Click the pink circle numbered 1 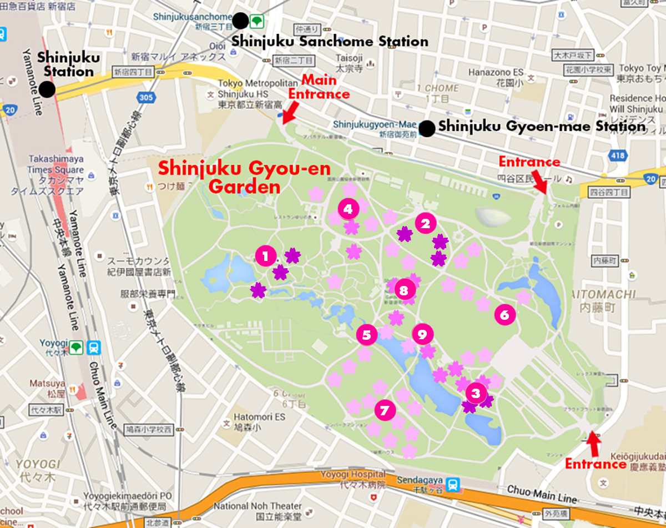(x=265, y=256)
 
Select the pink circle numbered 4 (x=348, y=209)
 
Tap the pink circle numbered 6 (x=504, y=315)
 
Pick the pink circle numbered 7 (x=385, y=410)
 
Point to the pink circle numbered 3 (x=476, y=394)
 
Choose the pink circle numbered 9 (x=422, y=334)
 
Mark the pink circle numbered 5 (x=366, y=335)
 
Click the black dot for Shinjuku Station (x=47, y=90)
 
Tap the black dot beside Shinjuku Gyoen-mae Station (x=426, y=129)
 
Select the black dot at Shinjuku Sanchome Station (x=240, y=21)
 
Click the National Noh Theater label (x=258, y=506)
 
